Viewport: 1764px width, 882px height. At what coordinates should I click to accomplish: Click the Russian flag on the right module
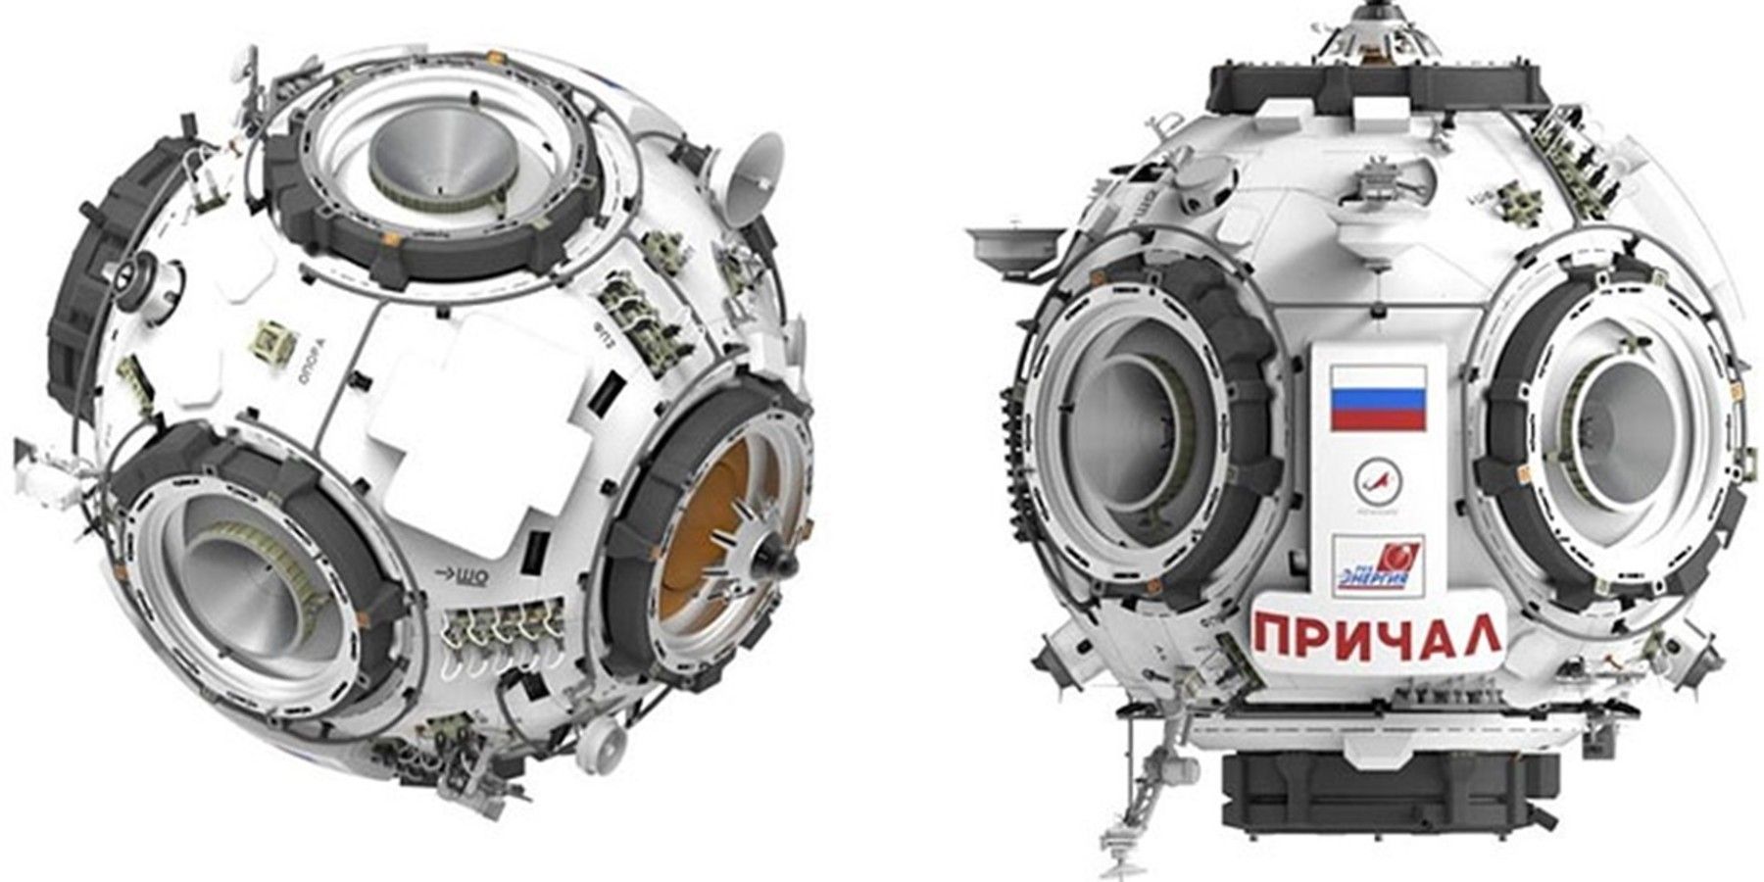click(x=1376, y=396)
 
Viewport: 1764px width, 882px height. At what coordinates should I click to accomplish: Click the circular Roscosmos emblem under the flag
click(x=1377, y=483)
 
